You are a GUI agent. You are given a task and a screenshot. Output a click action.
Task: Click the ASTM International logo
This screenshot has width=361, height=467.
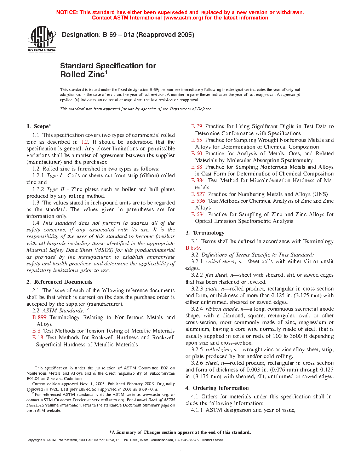(42, 39)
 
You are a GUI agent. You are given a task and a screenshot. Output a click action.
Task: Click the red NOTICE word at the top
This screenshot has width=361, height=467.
(67, 12)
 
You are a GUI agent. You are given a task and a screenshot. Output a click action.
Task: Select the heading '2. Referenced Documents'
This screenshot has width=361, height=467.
(59, 282)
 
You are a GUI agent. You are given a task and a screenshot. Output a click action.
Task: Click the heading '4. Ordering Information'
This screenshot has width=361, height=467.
(217, 388)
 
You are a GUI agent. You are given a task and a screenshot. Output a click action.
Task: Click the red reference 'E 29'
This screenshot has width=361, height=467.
(197, 126)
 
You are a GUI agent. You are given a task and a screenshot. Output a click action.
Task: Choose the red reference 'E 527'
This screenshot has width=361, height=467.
(198, 194)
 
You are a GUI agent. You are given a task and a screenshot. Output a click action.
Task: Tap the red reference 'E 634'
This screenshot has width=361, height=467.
(198, 214)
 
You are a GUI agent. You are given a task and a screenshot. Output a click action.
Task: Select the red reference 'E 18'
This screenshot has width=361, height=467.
(38, 338)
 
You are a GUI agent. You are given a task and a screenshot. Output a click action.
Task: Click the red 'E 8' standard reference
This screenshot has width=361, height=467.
(36, 331)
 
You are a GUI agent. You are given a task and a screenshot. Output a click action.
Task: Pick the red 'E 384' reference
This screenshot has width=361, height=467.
(198, 180)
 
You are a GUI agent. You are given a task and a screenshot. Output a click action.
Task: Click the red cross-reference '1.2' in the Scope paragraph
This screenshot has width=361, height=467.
(85, 142)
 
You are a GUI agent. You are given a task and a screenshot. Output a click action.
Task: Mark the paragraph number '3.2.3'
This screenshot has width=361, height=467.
(197, 289)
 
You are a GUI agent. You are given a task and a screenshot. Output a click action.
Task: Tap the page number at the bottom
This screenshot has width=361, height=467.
(180, 449)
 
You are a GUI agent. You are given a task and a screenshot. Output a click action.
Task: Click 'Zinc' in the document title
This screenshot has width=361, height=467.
(95, 75)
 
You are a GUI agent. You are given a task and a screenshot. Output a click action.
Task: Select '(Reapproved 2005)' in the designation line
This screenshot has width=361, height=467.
(165, 35)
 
